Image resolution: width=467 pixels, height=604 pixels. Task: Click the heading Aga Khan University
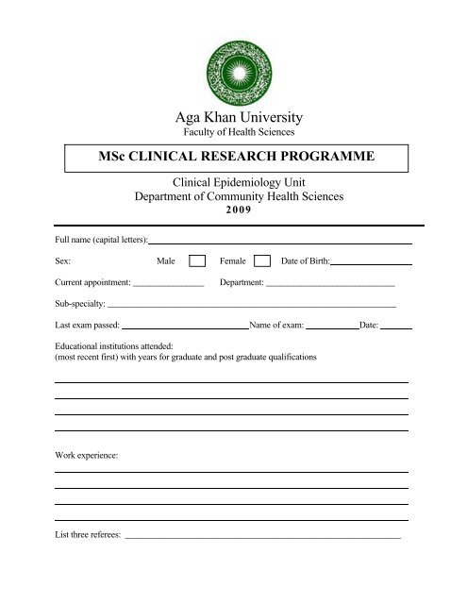pos(233,118)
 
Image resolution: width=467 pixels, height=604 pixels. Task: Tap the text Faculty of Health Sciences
pos(233,133)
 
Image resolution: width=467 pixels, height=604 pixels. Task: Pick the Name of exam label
pos(275,327)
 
